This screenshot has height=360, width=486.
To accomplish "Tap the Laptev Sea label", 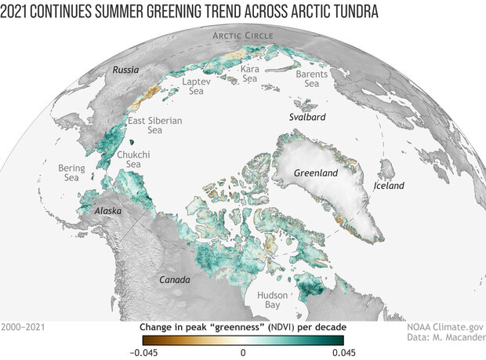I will (197, 86).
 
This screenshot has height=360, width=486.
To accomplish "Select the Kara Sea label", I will (250, 74).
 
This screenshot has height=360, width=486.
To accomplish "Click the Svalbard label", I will (306, 117).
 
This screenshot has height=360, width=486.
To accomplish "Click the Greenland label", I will (314, 172).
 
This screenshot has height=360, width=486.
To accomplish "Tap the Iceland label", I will (389, 186).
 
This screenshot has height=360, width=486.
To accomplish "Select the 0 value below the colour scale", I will (243, 352).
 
